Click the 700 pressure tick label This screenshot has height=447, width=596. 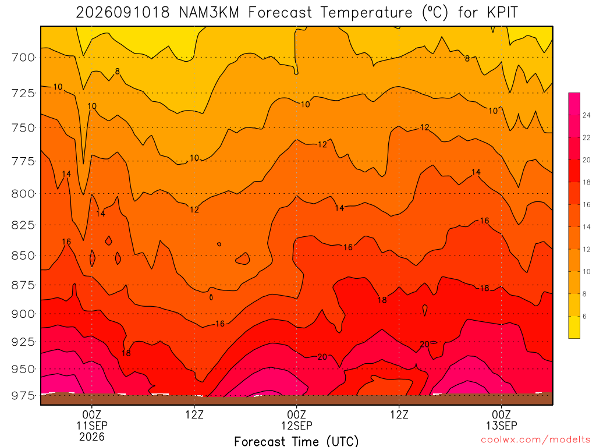tap(23, 58)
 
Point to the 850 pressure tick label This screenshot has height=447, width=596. tap(23, 256)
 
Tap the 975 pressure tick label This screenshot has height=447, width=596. tap(23, 396)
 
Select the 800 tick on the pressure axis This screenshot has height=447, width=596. tap(23, 194)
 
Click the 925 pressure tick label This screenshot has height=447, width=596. tap(23, 342)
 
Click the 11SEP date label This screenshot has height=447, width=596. tap(92, 425)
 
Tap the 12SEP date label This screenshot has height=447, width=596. tap(296, 425)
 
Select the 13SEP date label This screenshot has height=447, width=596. tap(501, 425)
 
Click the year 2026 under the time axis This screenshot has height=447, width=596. tap(92, 437)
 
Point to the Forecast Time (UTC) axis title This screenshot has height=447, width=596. tap(296, 441)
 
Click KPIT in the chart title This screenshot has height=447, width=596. tap(502, 13)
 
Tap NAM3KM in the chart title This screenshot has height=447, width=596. tap(209, 13)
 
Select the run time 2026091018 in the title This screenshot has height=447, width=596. tap(123, 13)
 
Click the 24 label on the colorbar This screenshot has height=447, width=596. tap(587, 115)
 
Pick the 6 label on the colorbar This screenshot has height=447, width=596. tap(584, 316)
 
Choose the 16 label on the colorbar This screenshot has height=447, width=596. tap(587, 204)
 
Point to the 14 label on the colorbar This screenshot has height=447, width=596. tap(587, 227)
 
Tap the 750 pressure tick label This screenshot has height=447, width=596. tap(23, 127)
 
